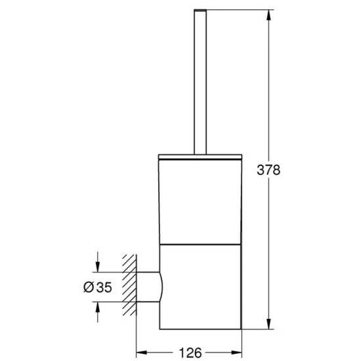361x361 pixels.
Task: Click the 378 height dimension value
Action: tap(268, 170)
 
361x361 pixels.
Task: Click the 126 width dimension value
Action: tap(190, 352)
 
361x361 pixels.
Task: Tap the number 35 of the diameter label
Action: tap(104, 287)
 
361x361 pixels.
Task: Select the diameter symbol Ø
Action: tap(89, 287)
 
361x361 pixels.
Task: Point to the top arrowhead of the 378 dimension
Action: tap(268, 15)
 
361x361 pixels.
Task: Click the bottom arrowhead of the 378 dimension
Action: tap(268, 324)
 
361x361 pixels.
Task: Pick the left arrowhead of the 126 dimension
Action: tap(142, 352)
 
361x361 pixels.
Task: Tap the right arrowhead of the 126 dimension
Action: tap(236, 352)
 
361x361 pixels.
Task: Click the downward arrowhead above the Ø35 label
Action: tap(98, 266)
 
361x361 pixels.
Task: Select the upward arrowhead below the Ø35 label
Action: tap(98, 307)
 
